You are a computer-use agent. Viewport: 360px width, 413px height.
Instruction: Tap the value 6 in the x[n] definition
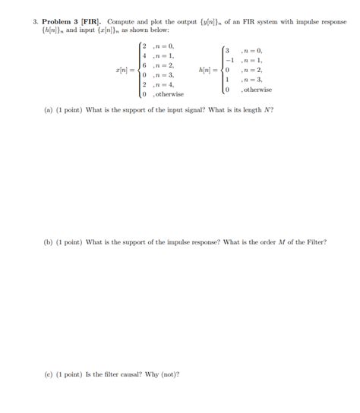pyautogui.click(x=144, y=65)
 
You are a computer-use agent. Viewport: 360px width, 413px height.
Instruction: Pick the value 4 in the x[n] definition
pyautogui.click(x=144, y=55)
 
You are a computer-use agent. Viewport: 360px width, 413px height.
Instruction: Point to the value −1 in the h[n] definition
pyautogui.click(x=225, y=60)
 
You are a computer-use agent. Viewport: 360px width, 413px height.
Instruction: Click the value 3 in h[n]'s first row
pyautogui.click(x=226, y=50)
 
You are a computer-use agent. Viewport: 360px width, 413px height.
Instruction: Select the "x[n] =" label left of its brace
pyautogui.click(x=125, y=70)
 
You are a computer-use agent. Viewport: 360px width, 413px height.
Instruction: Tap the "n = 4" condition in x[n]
pyautogui.click(x=163, y=84)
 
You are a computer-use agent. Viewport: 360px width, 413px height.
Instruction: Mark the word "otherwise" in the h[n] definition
pyautogui.click(x=257, y=90)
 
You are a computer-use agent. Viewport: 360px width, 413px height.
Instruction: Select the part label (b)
pyautogui.click(x=49, y=242)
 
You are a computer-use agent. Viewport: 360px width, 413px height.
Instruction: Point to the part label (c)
pyautogui.click(x=49, y=374)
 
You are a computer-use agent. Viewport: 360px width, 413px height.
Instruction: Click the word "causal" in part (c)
pyautogui.click(x=135, y=374)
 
